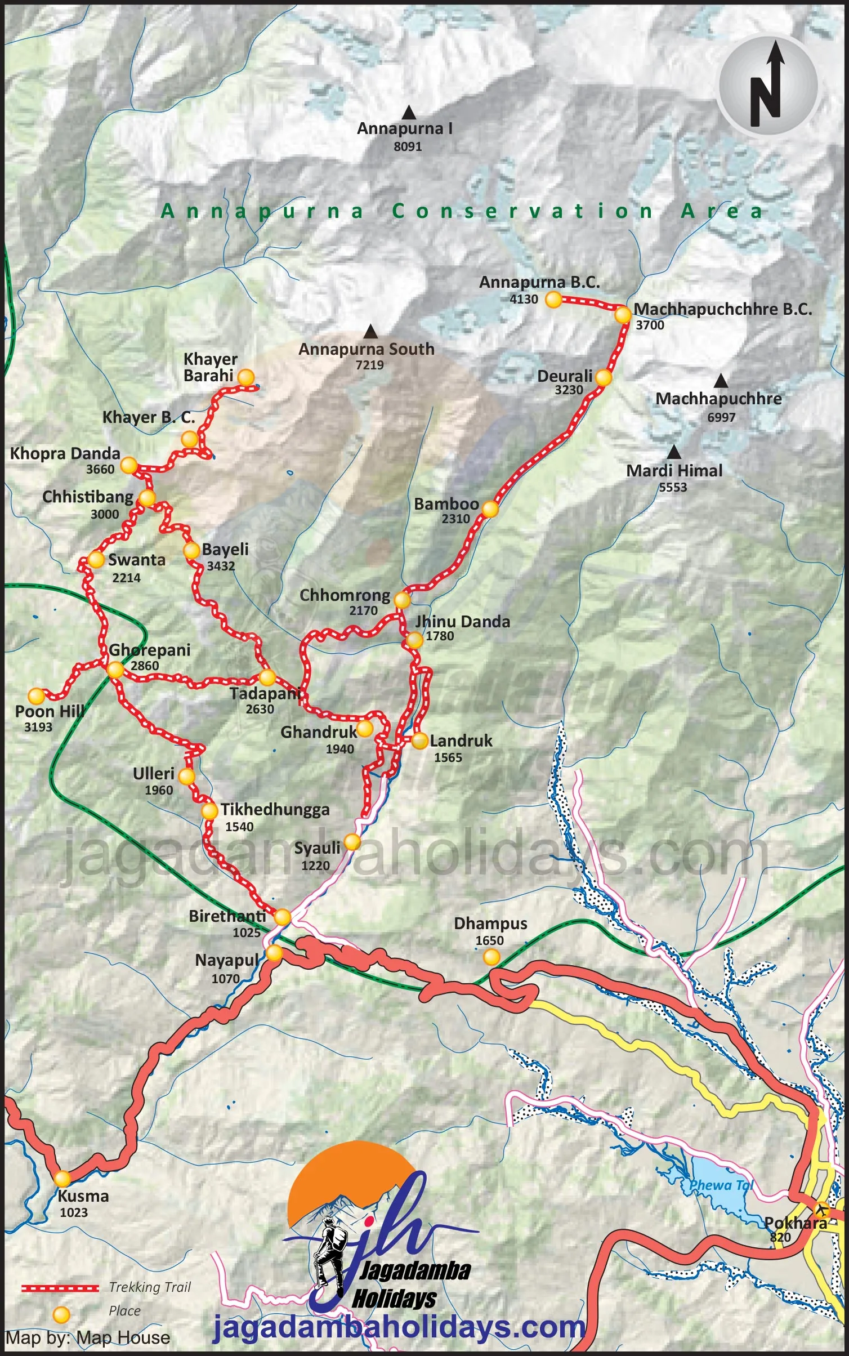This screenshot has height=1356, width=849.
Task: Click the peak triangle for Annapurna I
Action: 409,113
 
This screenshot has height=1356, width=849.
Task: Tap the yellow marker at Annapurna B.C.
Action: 553,300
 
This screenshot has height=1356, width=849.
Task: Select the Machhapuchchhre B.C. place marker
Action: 622,315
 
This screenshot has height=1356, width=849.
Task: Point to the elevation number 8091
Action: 408,146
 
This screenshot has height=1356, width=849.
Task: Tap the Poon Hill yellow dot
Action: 37,696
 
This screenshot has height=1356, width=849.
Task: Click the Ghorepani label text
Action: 150,650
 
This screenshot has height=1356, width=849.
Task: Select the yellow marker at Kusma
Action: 62,1178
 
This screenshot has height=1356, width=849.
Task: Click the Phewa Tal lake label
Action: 721,1185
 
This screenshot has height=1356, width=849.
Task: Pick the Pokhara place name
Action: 795,1223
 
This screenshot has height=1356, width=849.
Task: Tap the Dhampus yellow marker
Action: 491,956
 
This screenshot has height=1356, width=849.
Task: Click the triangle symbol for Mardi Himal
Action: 673,452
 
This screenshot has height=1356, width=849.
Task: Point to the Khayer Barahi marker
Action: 246,377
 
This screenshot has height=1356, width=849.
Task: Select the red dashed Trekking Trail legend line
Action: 60,1287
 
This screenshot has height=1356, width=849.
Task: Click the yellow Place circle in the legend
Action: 61,1314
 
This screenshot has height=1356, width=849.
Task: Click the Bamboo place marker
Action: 490,509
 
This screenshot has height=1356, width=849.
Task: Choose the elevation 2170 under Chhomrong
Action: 363,610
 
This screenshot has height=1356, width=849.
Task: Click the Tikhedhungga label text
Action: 275,809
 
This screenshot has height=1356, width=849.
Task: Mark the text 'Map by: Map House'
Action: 88,1337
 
